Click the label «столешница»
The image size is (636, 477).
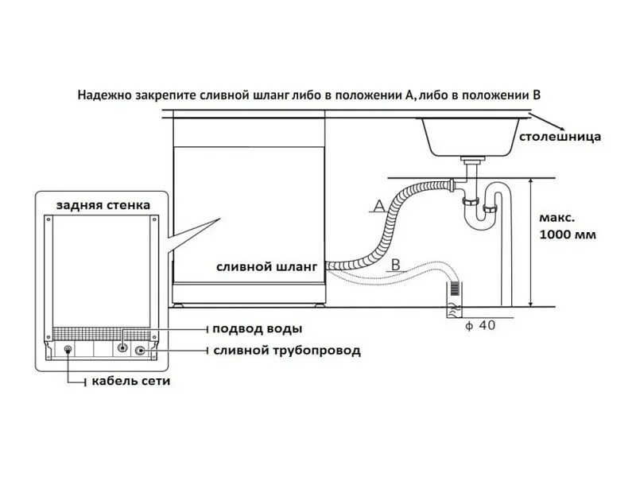coord(560,137)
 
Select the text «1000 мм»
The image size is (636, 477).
coord(567,235)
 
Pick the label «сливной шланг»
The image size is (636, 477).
coord(266,267)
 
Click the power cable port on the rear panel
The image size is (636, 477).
coord(68,350)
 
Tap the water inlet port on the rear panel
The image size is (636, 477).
coord(123,348)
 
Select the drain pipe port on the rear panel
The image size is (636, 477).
coord(141,350)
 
